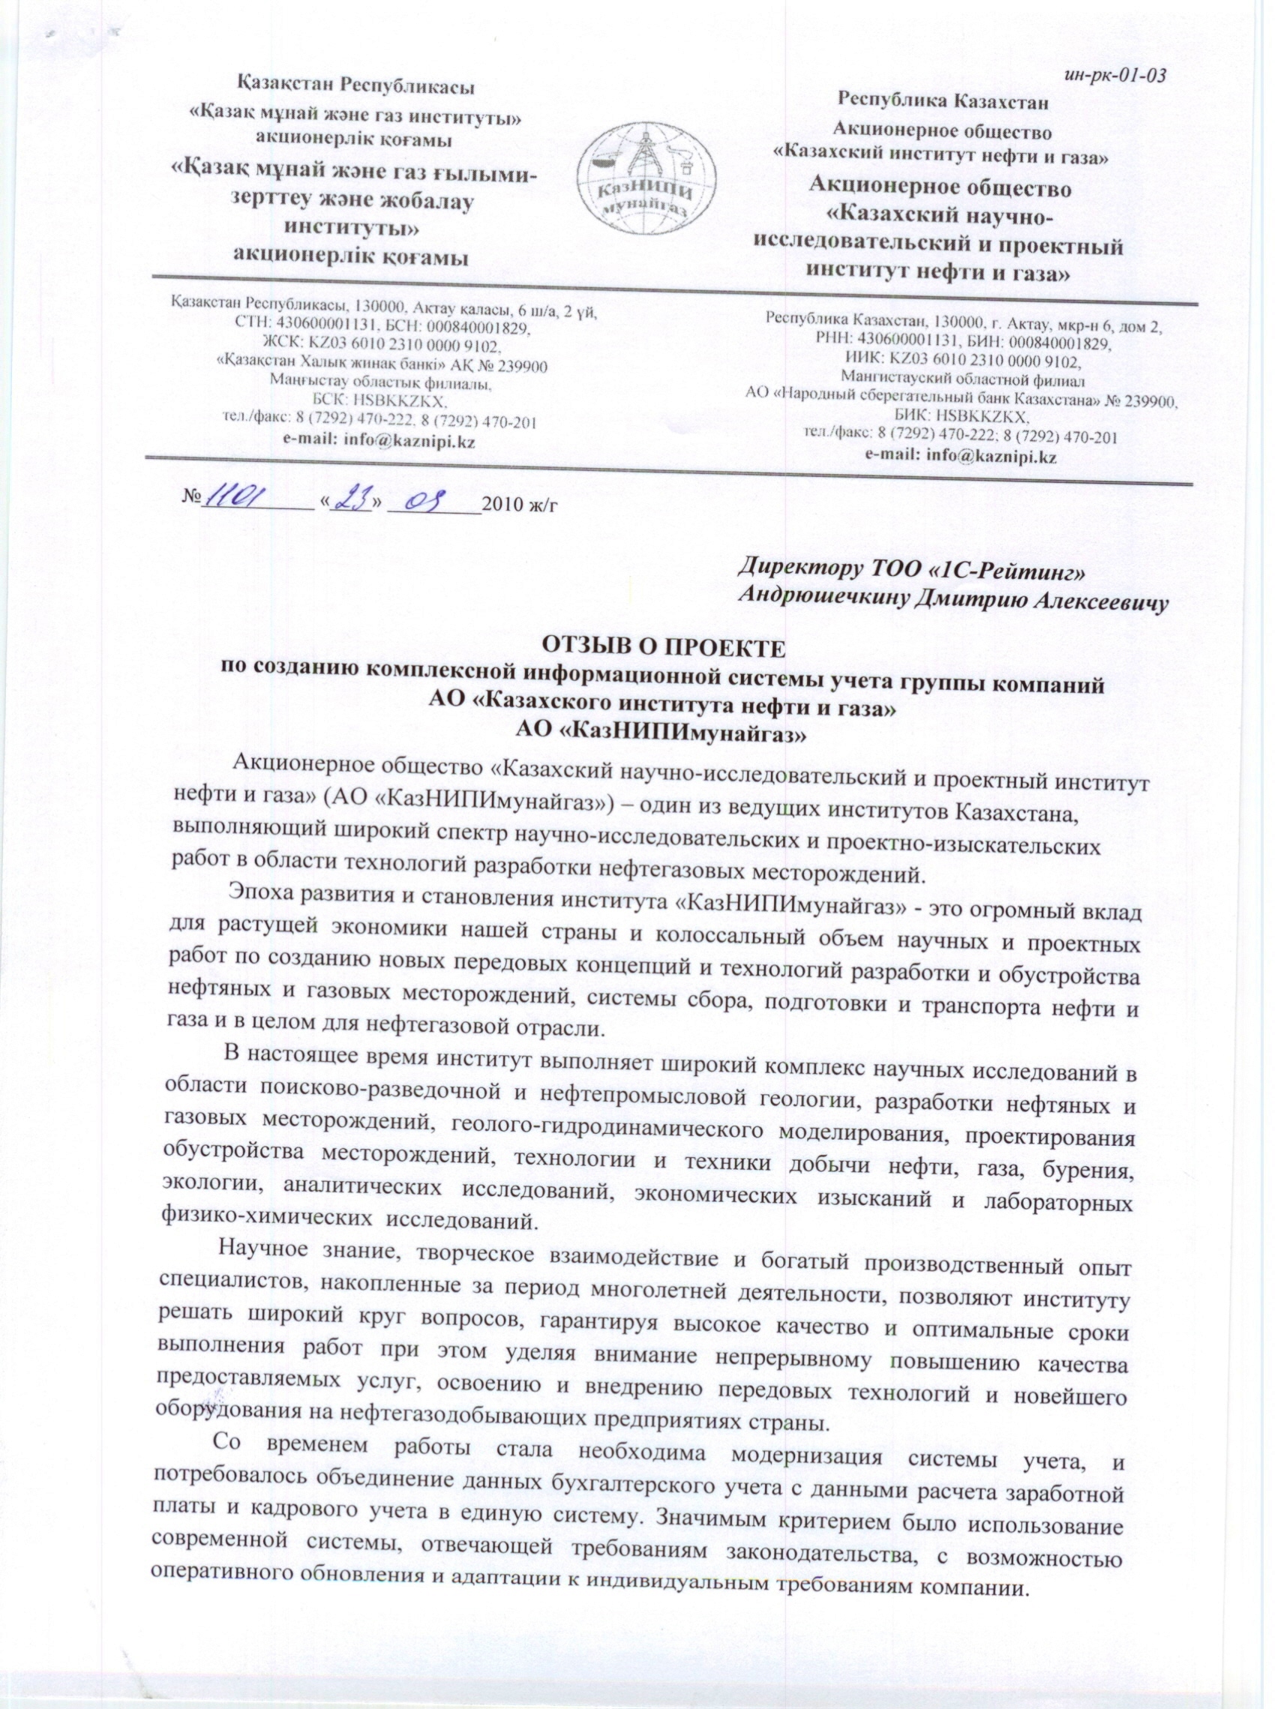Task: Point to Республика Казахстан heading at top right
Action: [943, 100]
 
